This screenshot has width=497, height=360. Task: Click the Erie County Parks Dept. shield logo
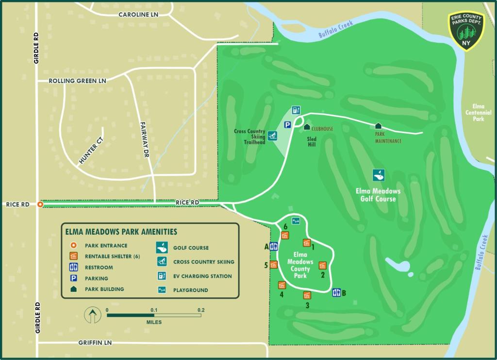(466, 31)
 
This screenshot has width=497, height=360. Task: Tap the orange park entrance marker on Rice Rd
(41, 205)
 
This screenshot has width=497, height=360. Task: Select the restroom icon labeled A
(273, 246)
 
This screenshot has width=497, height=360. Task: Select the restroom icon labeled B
(336, 292)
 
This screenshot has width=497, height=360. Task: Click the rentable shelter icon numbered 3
(307, 295)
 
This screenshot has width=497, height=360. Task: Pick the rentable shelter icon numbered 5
(273, 265)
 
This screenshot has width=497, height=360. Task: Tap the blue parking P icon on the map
(287, 125)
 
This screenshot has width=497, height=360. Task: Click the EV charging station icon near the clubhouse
(296, 110)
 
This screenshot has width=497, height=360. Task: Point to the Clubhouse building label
(322, 129)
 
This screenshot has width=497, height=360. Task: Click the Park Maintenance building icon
(378, 126)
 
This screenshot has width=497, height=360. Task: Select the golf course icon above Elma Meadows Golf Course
(379, 175)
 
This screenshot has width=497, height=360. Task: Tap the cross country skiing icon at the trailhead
(273, 135)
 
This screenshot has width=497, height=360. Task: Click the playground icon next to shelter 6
(296, 221)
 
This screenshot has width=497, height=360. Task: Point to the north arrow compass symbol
(92, 315)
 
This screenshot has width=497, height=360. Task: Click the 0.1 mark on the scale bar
(154, 310)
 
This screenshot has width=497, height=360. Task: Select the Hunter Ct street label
(91, 150)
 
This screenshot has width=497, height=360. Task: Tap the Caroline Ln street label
(139, 15)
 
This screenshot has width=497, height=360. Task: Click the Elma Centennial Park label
(478, 113)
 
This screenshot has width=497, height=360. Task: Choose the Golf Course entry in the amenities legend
(191, 248)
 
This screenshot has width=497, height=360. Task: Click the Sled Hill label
(312, 141)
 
